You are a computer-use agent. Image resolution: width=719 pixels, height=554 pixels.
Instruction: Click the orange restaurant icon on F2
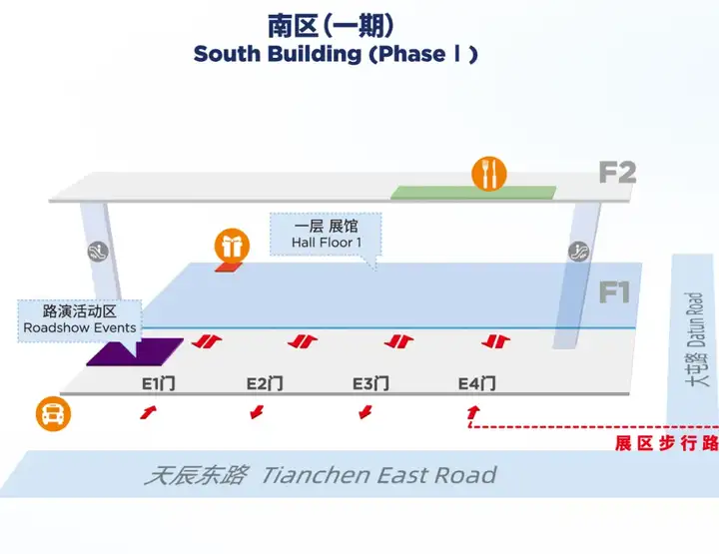click(489, 174)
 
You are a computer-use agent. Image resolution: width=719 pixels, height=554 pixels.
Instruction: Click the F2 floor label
click(617, 173)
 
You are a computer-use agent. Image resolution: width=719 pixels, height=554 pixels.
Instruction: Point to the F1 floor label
click(615, 292)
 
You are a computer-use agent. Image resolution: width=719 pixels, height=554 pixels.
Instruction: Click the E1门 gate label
click(158, 383)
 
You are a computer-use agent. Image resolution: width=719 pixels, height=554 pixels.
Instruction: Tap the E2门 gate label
click(265, 383)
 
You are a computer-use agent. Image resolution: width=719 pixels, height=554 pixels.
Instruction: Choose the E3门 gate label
click(369, 383)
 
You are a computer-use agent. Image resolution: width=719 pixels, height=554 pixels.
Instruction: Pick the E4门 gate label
click(476, 383)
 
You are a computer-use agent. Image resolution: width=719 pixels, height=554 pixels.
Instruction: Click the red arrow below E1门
click(149, 411)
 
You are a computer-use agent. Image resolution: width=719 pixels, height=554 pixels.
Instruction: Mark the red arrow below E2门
click(257, 411)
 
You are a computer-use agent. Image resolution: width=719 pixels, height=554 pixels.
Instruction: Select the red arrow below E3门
click(365, 411)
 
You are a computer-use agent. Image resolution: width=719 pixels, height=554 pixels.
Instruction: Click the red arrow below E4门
click(473, 410)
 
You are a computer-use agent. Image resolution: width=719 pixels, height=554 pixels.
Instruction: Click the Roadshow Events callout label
click(80, 318)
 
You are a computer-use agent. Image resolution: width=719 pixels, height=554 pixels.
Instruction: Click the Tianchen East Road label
click(320, 474)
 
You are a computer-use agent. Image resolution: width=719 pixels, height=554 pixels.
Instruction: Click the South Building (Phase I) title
click(336, 54)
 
